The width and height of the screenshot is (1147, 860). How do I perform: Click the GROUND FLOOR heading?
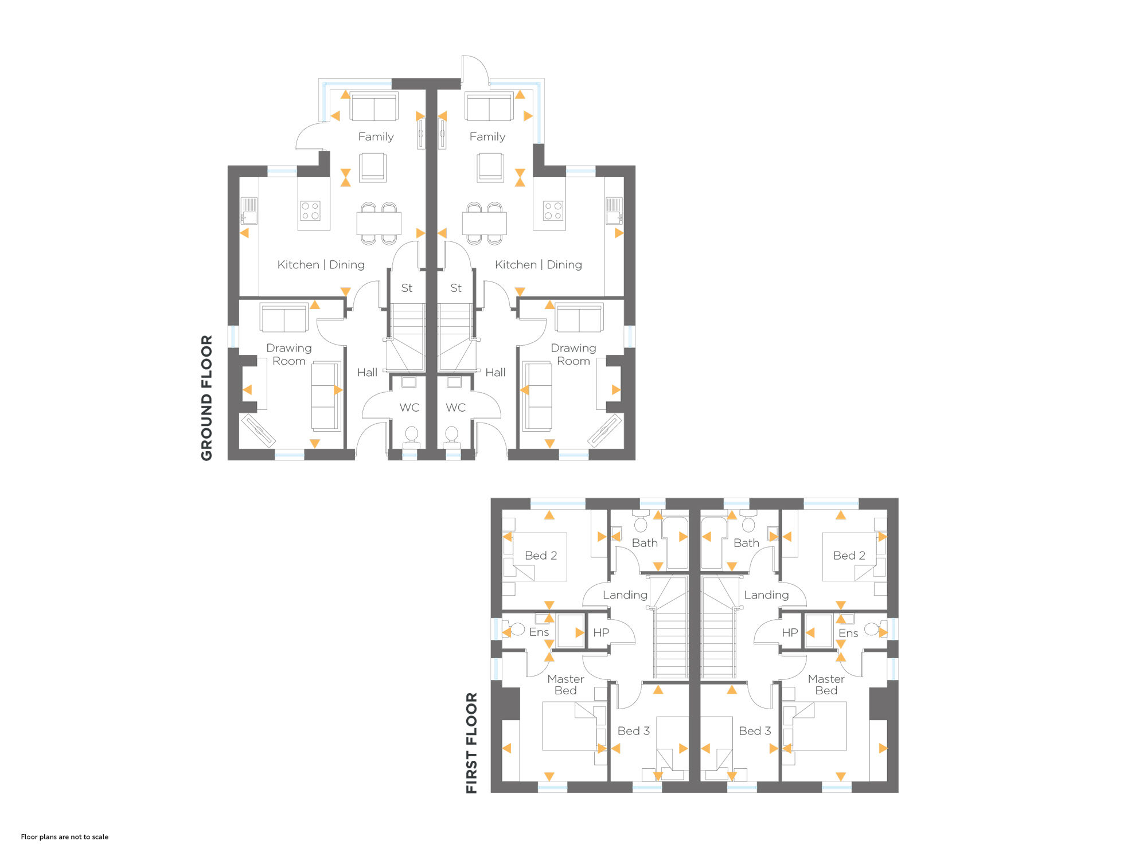click(x=206, y=398)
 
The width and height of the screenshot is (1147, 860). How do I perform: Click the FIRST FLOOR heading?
click(x=471, y=743)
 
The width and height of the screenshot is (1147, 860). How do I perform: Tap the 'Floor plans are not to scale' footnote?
click(x=65, y=837)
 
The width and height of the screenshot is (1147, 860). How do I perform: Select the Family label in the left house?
click(x=376, y=136)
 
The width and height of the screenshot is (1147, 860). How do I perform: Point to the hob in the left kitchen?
click(x=310, y=210)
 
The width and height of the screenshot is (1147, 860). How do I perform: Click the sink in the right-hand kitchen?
click(x=614, y=211)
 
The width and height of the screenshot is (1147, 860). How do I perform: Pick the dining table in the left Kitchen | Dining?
click(x=379, y=223)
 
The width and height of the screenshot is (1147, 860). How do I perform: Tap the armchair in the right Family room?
click(x=490, y=167)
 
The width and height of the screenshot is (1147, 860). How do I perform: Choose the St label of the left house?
click(x=407, y=288)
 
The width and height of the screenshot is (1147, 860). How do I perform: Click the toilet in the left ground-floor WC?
click(x=412, y=437)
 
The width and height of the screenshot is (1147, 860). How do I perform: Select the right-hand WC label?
click(x=456, y=408)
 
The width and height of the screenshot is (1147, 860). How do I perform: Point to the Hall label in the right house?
click(x=496, y=373)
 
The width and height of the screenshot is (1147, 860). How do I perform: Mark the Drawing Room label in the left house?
click(x=289, y=354)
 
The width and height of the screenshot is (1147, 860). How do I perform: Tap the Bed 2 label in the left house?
click(x=541, y=556)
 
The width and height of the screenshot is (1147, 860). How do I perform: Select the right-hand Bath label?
click(x=746, y=543)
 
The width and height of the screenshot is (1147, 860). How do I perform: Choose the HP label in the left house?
click(x=601, y=632)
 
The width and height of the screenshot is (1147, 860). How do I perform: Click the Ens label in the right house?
click(x=848, y=633)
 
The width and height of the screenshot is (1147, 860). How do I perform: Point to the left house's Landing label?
click(x=625, y=595)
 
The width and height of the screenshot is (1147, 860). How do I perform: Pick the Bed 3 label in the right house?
click(x=755, y=731)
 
